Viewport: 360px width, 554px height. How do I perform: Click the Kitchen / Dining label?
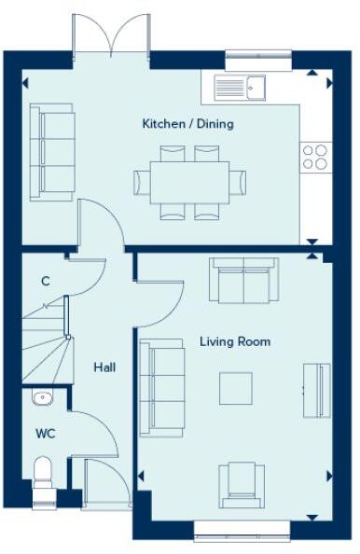point(187,124)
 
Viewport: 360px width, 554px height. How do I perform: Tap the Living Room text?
point(235,341)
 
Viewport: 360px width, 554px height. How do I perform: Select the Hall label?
point(104,367)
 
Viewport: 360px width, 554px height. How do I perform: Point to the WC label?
point(46,434)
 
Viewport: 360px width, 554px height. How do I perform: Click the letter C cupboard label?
point(45,281)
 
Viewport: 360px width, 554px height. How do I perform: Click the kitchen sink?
point(241,88)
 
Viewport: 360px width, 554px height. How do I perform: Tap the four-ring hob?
point(315,156)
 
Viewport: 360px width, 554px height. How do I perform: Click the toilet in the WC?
point(42,473)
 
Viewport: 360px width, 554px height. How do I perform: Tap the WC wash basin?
point(43,398)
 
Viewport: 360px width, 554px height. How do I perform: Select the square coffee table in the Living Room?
point(236,388)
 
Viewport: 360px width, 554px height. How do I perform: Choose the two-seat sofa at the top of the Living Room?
point(243,280)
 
